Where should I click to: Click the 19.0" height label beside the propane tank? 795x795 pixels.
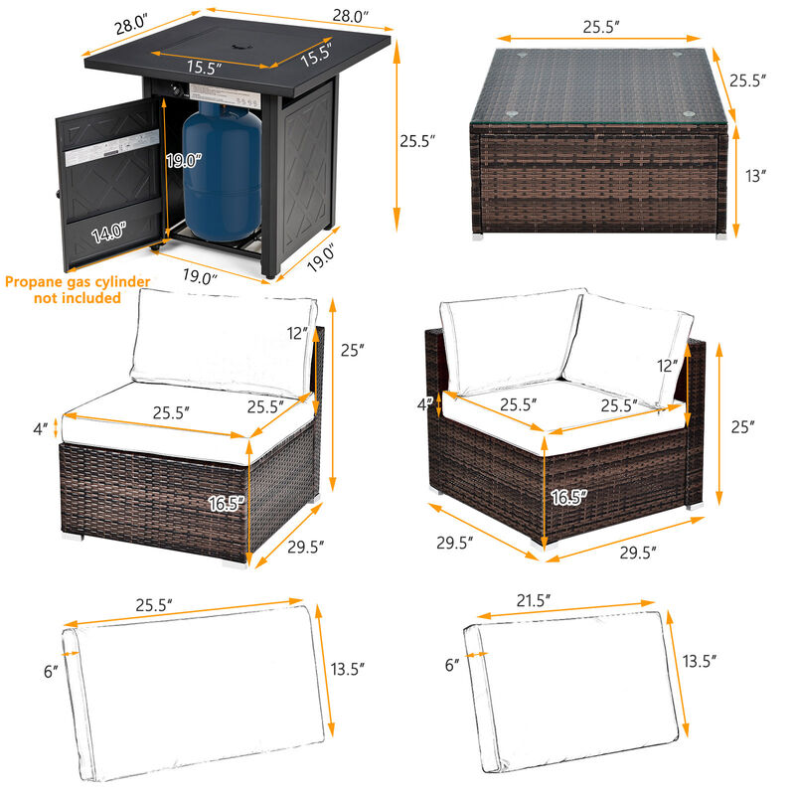185,159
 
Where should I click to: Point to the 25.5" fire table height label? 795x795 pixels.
418,141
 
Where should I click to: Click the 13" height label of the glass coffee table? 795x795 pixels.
756,176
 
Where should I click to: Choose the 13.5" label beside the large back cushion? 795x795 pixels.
346,669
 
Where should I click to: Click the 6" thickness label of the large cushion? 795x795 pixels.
50,672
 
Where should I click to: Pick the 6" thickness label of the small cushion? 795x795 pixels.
453,663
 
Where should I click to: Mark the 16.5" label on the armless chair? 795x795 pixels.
227,503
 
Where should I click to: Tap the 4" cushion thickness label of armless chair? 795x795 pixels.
40,429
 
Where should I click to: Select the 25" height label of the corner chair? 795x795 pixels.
737,425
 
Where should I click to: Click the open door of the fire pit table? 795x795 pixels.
109,189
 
